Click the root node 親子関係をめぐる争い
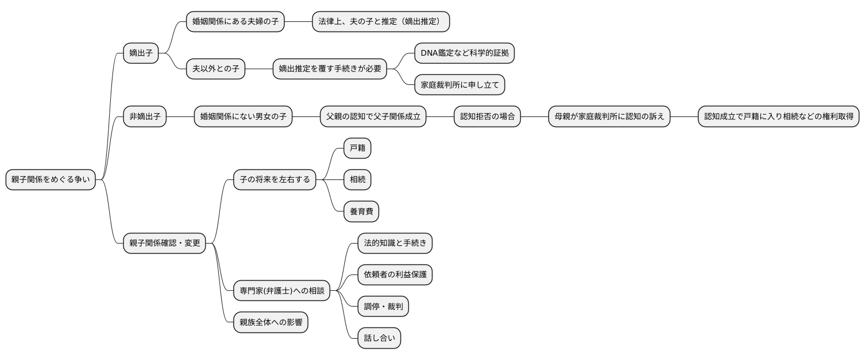(51, 179)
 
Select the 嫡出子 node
(141, 53)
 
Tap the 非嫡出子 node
(145, 117)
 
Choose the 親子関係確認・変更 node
(165, 243)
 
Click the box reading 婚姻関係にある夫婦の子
(235, 22)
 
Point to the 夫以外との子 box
(216, 69)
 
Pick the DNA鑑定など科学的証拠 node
(464, 53)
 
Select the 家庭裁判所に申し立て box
(459, 85)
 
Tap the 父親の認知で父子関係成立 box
(373, 117)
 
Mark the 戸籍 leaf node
(358, 148)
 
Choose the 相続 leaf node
(358, 180)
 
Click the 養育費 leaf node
(362, 211)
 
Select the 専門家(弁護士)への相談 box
(282, 290)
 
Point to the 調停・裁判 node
(384, 307)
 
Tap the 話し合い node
(380, 338)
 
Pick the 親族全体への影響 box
(271, 322)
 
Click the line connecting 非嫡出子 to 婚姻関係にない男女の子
(180, 117)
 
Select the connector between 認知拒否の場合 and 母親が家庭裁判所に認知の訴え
(534, 117)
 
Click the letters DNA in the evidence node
(430, 53)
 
